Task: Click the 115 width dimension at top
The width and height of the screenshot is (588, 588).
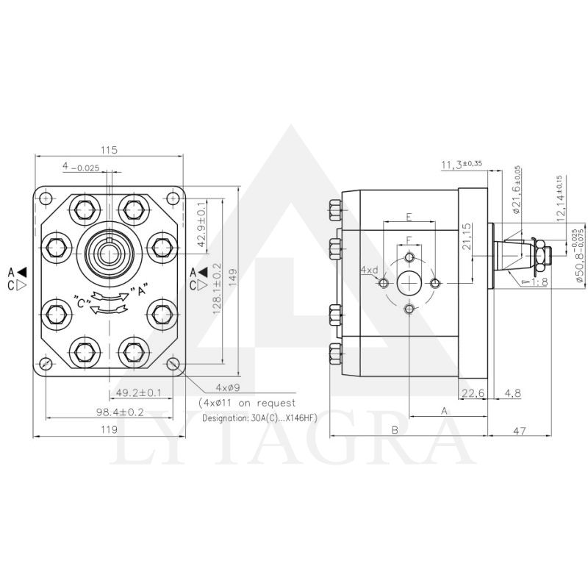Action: [109, 150]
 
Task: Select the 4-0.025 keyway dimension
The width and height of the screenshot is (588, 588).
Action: [81, 168]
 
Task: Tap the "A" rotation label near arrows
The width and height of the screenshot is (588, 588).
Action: [136, 291]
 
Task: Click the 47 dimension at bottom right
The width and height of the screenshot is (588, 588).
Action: [519, 431]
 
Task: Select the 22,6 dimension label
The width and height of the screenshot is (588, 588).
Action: [471, 393]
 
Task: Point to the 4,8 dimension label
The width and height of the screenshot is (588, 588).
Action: [513, 393]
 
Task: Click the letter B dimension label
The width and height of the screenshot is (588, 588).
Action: [395, 431]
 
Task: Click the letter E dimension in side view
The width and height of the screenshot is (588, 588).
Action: [409, 218]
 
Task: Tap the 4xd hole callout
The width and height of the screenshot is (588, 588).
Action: [369, 270]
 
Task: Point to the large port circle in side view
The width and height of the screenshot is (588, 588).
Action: [409, 283]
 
